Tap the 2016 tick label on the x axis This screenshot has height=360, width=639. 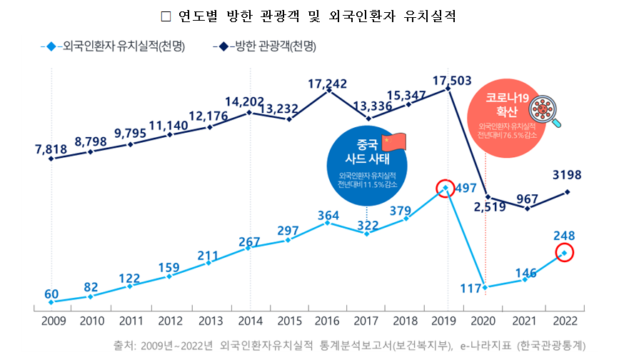pos(326,320)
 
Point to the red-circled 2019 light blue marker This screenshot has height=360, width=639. pos(446,189)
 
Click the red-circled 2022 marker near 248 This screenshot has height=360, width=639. pos(564,253)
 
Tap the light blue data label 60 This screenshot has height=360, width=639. pos(51,294)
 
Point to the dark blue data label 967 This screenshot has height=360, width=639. pos(526,197)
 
